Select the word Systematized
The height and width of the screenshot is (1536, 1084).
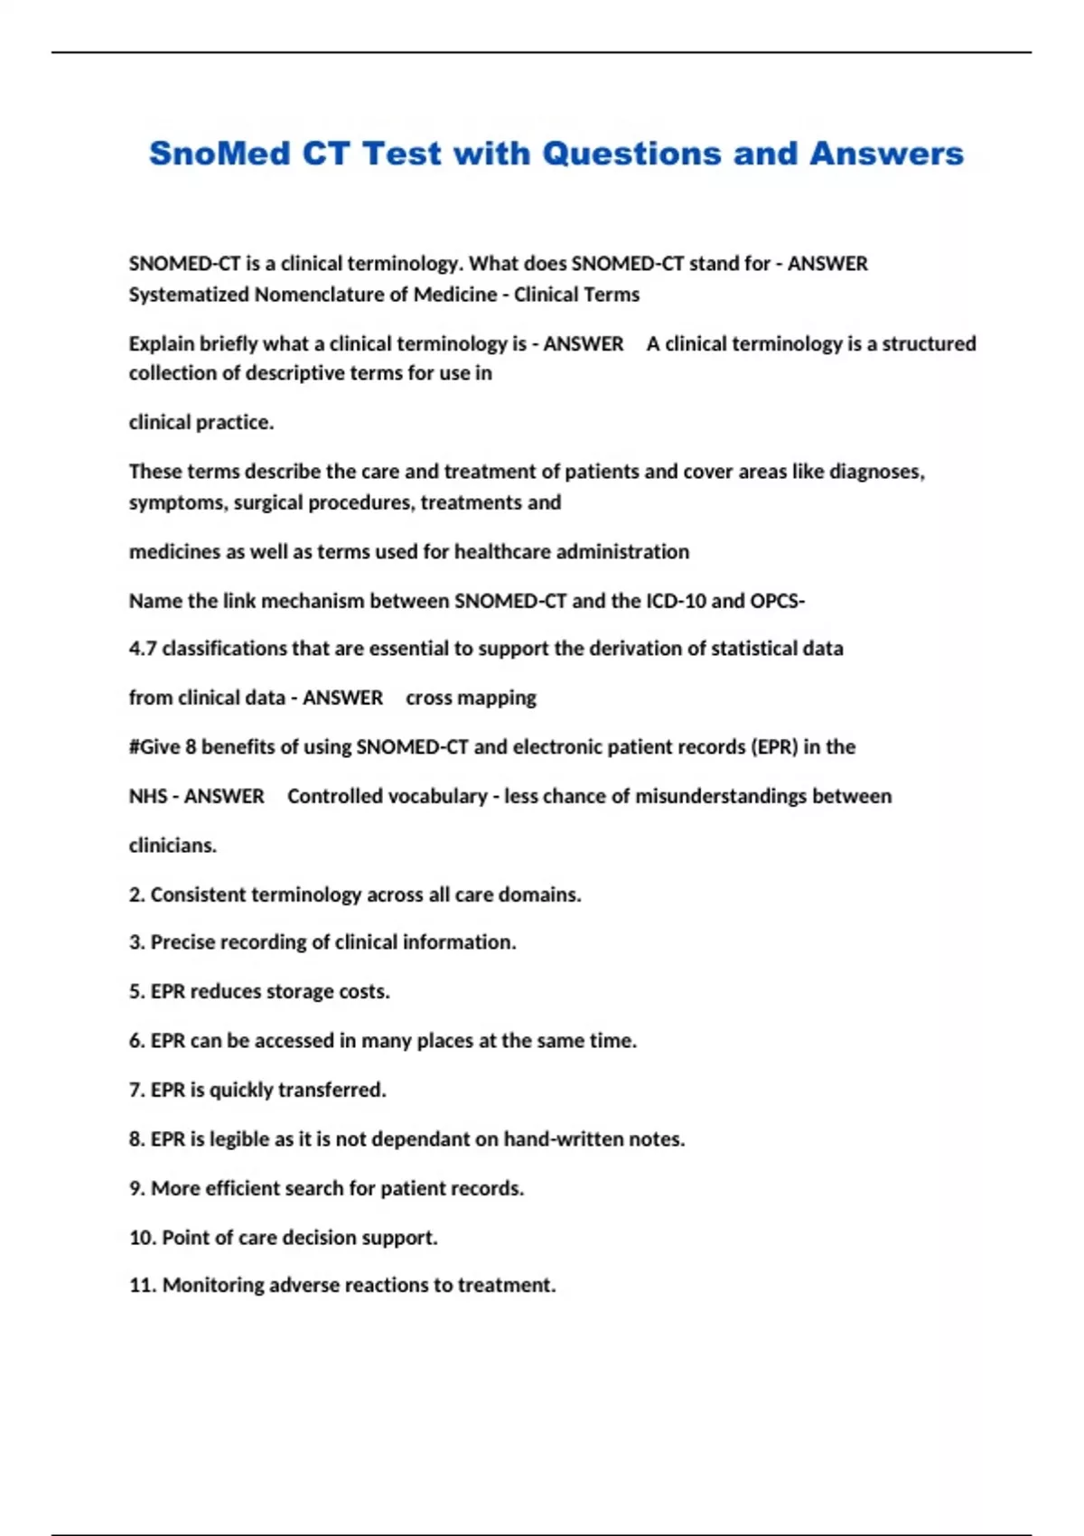point(188,295)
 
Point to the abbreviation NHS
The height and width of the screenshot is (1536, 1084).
point(147,796)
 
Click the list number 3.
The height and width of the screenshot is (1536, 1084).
point(136,942)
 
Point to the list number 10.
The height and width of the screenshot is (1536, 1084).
point(142,1238)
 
